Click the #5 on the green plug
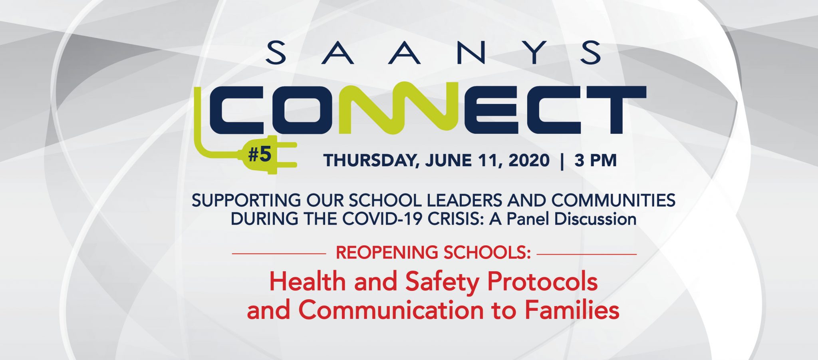point(260,155)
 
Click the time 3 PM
point(596,160)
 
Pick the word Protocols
point(542,282)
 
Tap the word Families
point(572,310)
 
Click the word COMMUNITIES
point(613,200)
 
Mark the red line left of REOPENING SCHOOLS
point(279,253)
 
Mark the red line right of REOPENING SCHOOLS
point(587,253)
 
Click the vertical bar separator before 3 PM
point(562,161)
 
